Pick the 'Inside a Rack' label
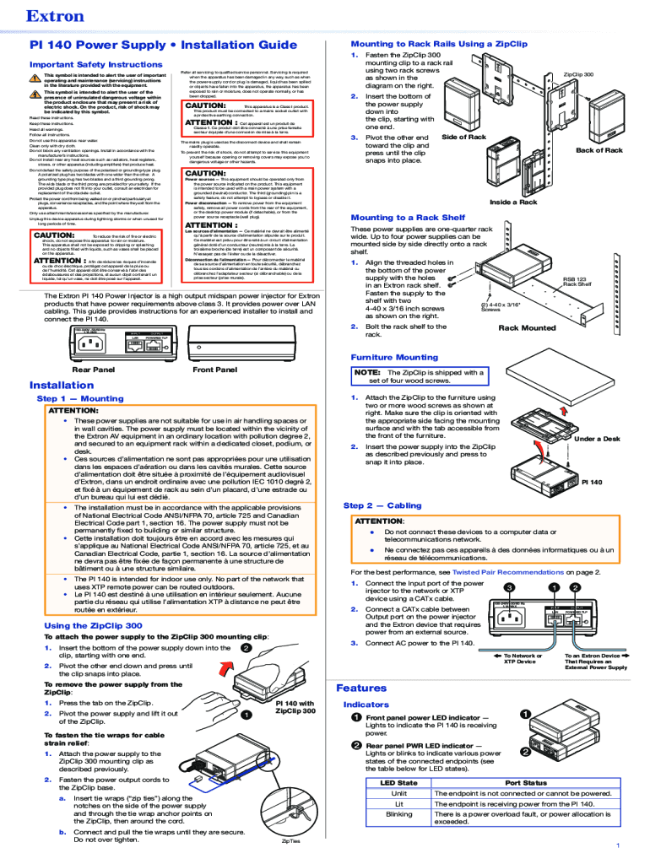click(513, 202)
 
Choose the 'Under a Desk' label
click(597, 439)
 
